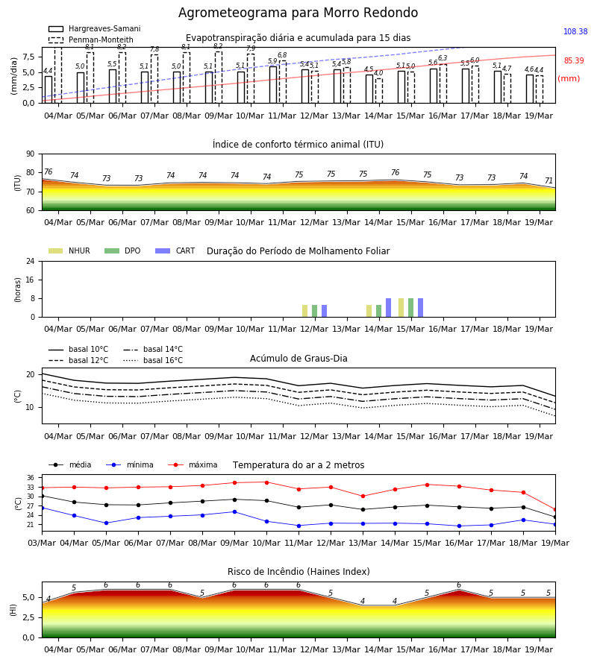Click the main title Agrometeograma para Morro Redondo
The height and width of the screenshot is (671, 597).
pyautogui.click(x=298, y=13)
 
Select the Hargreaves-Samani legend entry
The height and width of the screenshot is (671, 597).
pyautogui.click(x=95, y=28)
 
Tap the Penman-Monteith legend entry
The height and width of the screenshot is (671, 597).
pyautogui.click(x=91, y=40)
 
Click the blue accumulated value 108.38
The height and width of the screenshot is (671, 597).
pyautogui.click(x=575, y=31)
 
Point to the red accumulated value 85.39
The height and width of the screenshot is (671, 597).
pyautogui.click(x=574, y=61)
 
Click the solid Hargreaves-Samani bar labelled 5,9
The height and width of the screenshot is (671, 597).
pyautogui.click(x=273, y=85)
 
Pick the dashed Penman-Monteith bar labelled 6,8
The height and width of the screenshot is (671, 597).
pyautogui.click(x=283, y=82)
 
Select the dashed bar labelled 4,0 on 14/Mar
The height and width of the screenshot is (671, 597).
pyautogui.click(x=379, y=91)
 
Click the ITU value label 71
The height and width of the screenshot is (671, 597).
pyautogui.click(x=548, y=180)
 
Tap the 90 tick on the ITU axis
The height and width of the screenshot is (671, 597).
pyautogui.click(x=31, y=154)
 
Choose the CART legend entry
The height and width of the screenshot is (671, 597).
pyautogui.click(x=175, y=251)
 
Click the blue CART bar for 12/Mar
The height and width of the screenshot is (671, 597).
pyautogui.click(x=324, y=311)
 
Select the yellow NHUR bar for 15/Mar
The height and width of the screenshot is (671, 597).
pyautogui.click(x=401, y=308)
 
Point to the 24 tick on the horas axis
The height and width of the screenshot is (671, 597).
pyautogui.click(x=31, y=262)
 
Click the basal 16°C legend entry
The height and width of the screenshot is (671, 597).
pyautogui.click(x=153, y=360)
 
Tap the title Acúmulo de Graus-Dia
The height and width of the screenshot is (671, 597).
pyautogui.click(x=298, y=359)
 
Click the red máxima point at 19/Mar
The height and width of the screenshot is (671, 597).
pyautogui.click(x=555, y=510)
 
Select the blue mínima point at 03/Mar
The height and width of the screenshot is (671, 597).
pyautogui.click(x=42, y=508)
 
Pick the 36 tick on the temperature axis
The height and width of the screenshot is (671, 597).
pyautogui.click(x=31, y=478)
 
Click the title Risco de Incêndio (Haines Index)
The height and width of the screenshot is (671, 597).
pyautogui.click(x=298, y=572)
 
